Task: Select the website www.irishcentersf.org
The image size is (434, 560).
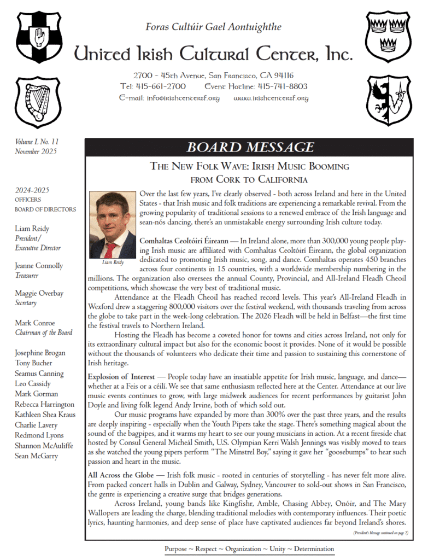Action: [x=271, y=98]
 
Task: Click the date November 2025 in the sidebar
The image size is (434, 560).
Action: [x=36, y=151]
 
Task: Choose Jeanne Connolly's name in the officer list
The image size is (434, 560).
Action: [x=39, y=266]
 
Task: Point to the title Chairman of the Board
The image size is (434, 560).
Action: [x=43, y=332]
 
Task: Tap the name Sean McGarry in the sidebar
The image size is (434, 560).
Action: [x=36, y=456]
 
